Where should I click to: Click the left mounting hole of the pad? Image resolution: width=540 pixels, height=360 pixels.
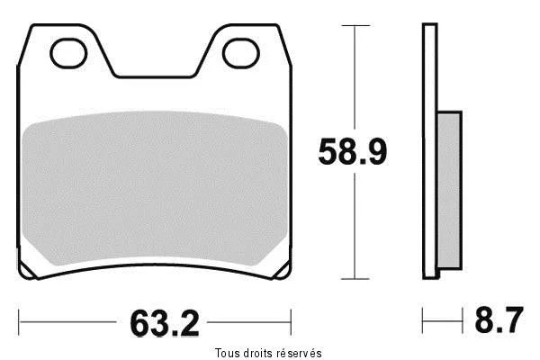68,53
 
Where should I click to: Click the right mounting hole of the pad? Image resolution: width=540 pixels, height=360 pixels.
240,53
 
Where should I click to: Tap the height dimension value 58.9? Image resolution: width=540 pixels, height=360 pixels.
352,152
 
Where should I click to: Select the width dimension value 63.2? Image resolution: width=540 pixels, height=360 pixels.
165,323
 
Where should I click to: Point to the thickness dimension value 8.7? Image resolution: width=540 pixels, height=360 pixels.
499,320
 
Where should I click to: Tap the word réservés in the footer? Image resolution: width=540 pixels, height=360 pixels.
300,353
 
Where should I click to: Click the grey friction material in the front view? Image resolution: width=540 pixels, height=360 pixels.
154,189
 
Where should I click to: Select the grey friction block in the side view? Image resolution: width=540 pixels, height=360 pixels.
449,191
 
